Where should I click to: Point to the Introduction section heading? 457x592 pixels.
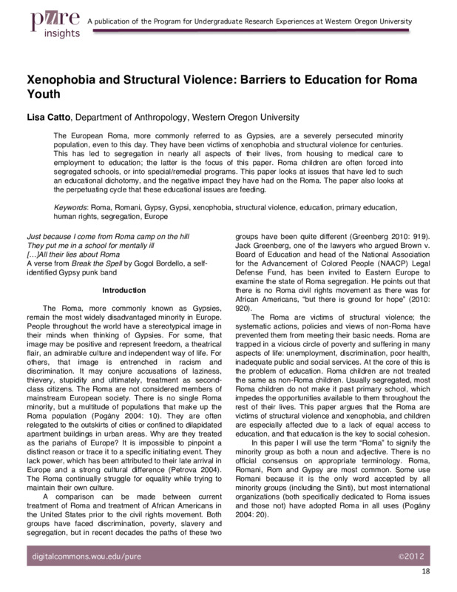tap(123, 290)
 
